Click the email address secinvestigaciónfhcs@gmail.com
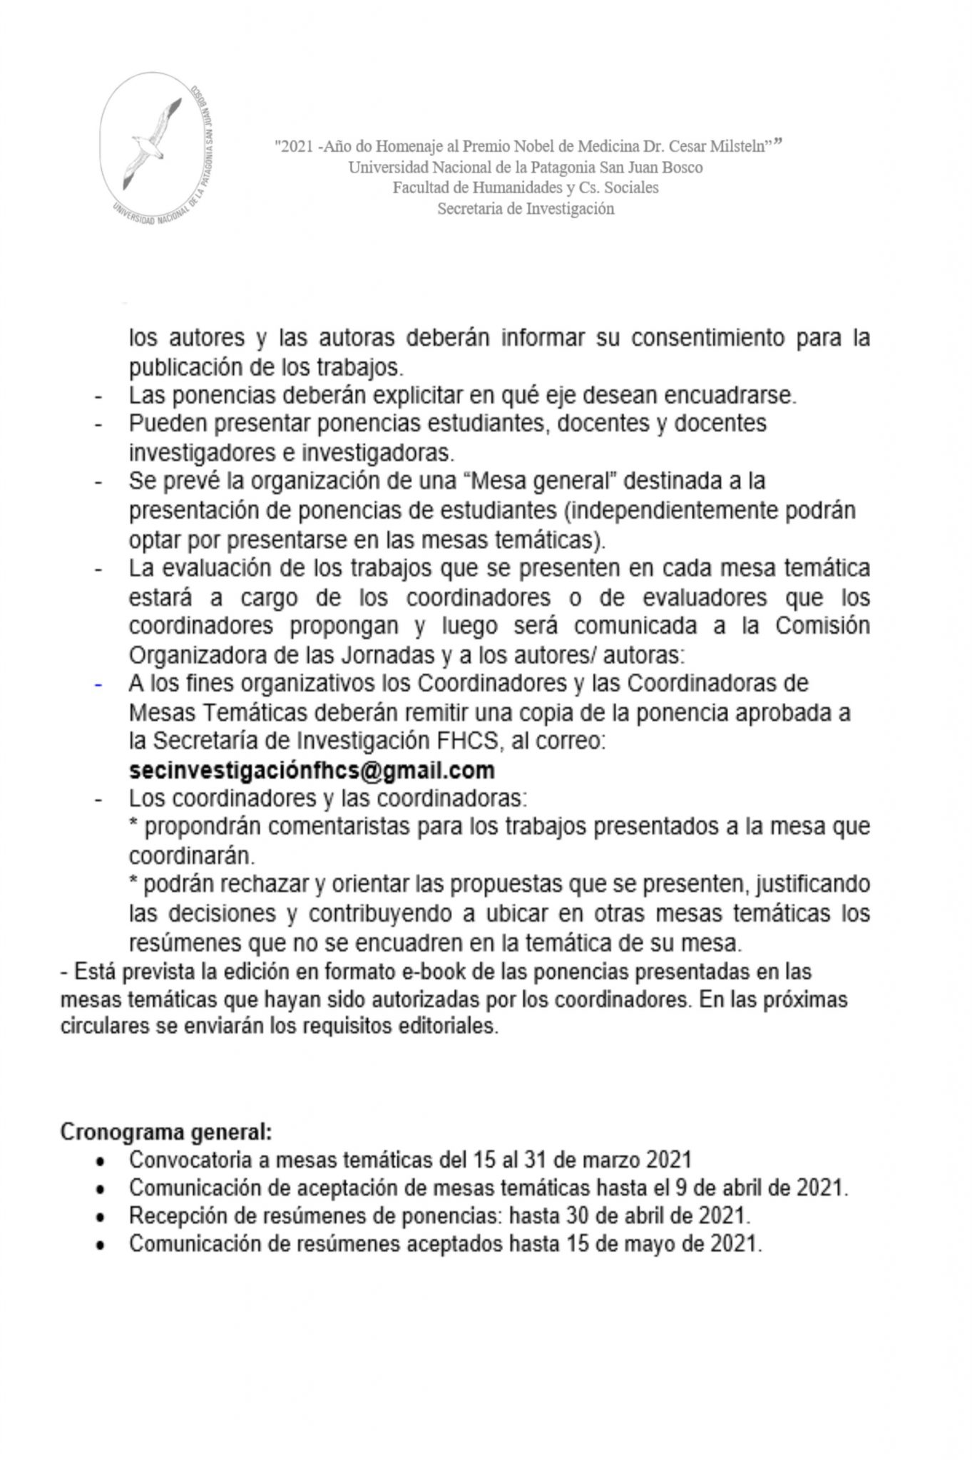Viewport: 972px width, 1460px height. coord(312,771)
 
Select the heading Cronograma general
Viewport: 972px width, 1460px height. coord(166,1133)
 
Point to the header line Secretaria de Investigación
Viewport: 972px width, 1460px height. coord(526,209)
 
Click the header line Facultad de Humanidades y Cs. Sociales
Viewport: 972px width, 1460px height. coord(526,188)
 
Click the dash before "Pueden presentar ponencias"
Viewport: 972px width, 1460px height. coord(98,425)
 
